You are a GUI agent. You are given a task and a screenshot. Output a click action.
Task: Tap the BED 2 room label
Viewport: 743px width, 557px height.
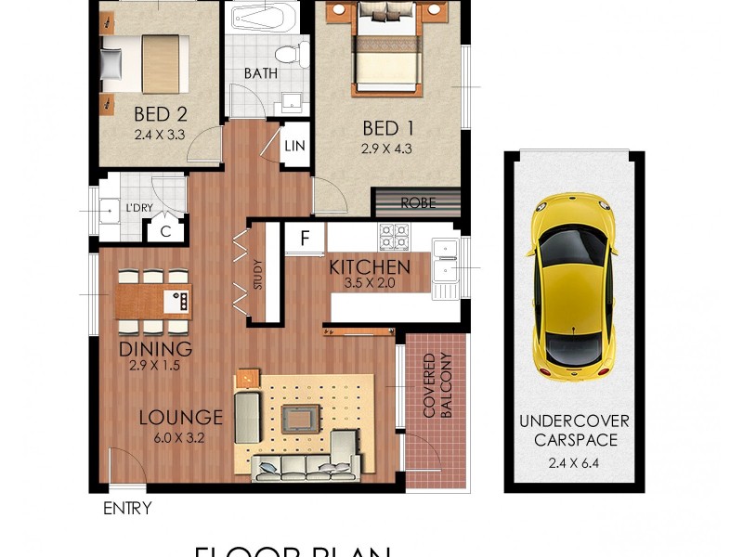(161, 115)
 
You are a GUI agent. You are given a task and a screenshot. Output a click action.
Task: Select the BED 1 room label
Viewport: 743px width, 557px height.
(387, 128)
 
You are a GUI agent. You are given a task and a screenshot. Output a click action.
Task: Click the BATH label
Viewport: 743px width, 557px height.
(261, 72)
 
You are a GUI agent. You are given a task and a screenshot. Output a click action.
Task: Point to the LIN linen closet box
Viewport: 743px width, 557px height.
(294, 146)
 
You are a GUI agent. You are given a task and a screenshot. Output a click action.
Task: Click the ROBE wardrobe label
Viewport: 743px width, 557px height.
(417, 202)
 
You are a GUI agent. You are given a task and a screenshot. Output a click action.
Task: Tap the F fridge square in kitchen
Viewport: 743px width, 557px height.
(305, 238)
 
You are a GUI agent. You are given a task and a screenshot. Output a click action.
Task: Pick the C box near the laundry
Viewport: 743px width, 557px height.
(165, 232)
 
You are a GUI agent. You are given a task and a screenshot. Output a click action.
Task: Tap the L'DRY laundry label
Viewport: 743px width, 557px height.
(139, 208)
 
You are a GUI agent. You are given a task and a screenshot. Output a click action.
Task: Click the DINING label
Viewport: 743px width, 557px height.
(155, 349)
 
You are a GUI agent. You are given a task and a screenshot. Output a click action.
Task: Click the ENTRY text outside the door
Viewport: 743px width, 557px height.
(127, 509)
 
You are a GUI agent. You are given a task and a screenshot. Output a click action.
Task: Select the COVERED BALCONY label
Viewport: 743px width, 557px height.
(437, 384)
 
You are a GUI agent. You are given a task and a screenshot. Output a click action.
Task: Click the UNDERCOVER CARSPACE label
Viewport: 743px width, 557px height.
(569, 431)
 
